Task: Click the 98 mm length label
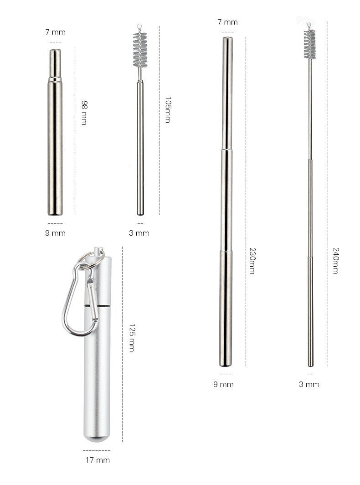click(x=84, y=113)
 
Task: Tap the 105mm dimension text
click(x=168, y=110)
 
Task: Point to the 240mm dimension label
click(x=335, y=261)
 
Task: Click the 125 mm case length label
click(x=131, y=338)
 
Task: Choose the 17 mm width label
click(x=98, y=460)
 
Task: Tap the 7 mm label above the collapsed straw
click(x=56, y=32)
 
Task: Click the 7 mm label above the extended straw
click(x=227, y=22)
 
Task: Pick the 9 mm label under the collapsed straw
click(x=56, y=233)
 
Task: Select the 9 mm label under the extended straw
click(x=223, y=384)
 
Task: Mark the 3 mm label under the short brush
click(x=139, y=233)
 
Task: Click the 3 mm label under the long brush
click(x=309, y=384)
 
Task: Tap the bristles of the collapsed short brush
click(x=140, y=49)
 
